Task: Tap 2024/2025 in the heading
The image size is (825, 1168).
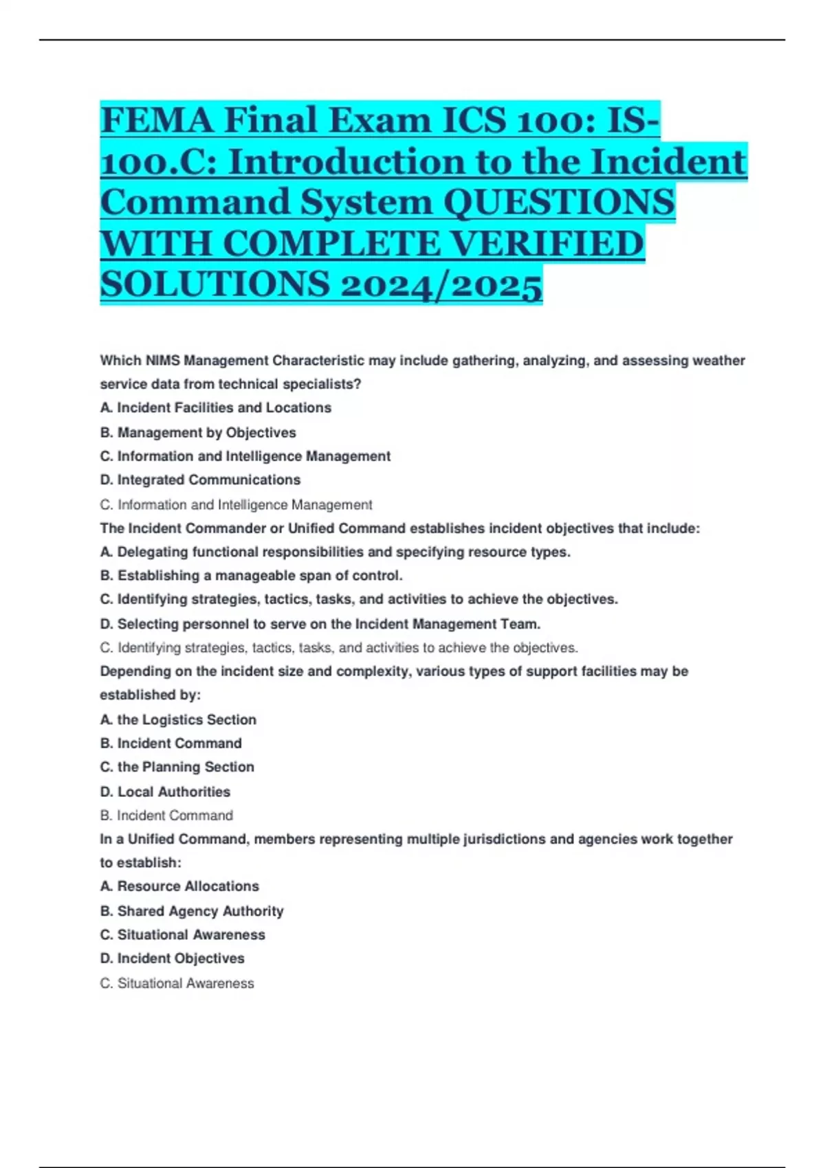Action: [x=441, y=284]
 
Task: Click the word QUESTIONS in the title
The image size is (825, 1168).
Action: [x=559, y=203]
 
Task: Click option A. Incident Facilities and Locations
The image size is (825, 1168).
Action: [x=216, y=408]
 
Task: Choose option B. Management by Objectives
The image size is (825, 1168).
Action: [x=198, y=433]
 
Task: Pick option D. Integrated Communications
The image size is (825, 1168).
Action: [x=200, y=480]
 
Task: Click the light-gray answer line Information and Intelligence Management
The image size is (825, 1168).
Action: [x=236, y=505]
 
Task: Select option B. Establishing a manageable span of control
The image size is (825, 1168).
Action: [x=251, y=576]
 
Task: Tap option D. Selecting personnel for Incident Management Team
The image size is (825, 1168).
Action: [x=320, y=625]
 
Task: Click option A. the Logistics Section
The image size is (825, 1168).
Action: [x=178, y=720]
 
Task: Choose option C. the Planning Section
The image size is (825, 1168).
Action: [x=177, y=767]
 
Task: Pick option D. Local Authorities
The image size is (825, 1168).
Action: [x=165, y=792]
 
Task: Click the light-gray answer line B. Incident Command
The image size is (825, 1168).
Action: [x=166, y=816]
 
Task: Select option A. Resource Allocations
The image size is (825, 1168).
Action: [x=179, y=887]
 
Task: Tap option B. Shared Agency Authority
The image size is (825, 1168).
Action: [x=192, y=912]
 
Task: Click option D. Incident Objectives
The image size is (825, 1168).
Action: [x=172, y=958]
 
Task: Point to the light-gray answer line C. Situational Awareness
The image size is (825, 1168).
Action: [x=177, y=984]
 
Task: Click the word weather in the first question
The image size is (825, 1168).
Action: [x=718, y=361]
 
